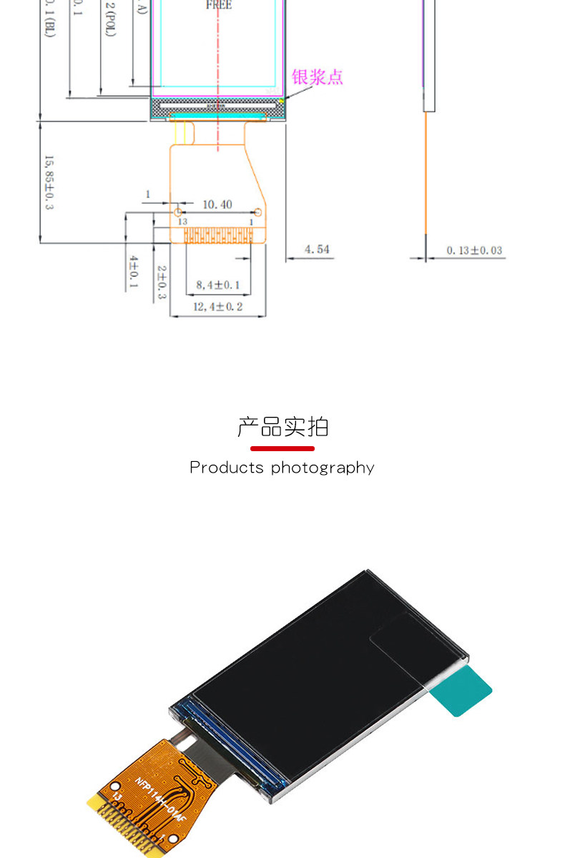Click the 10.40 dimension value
[x=217, y=204]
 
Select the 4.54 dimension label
[x=317, y=250]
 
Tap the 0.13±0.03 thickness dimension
[x=474, y=250]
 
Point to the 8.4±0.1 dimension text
[x=218, y=286]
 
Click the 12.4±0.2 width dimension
[x=218, y=307]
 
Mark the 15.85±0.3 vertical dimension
[x=49, y=182]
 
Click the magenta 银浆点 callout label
[x=317, y=77]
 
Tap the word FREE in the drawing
[x=219, y=5]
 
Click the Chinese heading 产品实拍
[x=282, y=427]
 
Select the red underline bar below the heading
[x=282, y=448]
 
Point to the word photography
[x=323, y=468]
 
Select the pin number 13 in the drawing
[x=182, y=222]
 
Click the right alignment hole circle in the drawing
[x=257, y=212]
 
